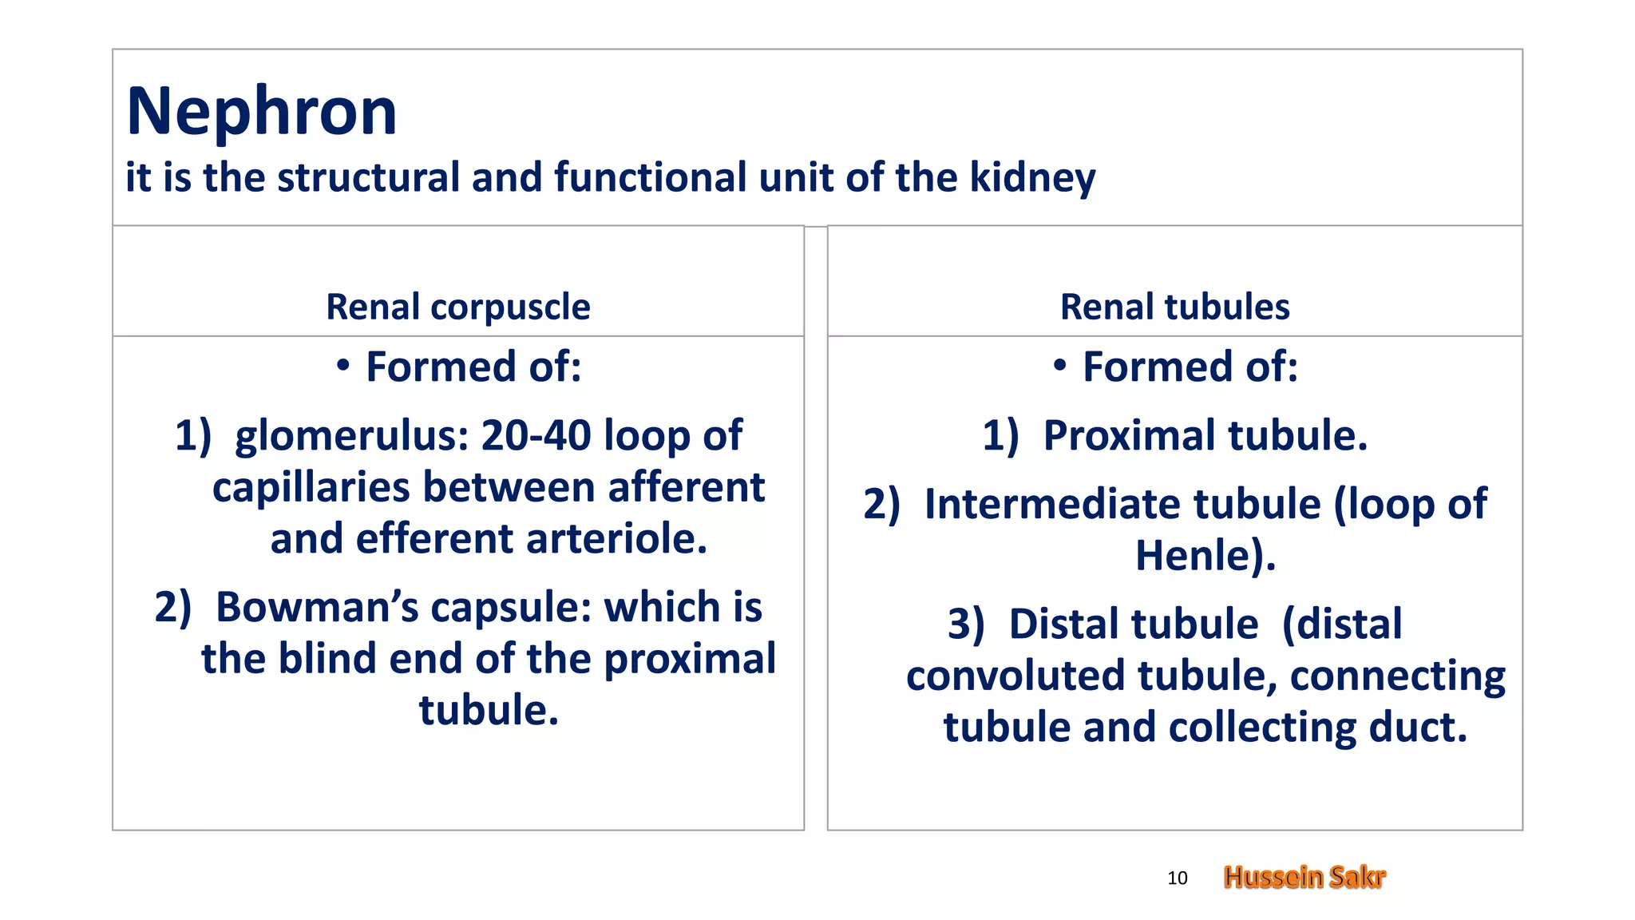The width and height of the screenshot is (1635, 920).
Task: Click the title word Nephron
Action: [x=261, y=112]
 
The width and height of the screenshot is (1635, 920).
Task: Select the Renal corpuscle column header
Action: [x=457, y=307]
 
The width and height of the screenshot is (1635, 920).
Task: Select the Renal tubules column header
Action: [x=1174, y=307]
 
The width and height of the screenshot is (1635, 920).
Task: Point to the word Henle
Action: [x=1193, y=556]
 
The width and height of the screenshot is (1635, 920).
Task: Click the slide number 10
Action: [x=1177, y=878]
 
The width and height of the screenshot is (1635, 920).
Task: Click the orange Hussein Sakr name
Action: [x=1304, y=877]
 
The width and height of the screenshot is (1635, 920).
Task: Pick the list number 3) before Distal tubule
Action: [x=966, y=625]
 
